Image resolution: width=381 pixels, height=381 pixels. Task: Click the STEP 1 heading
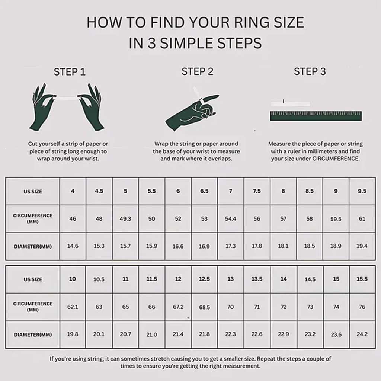click(70, 72)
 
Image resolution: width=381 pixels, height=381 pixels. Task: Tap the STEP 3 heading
click(310, 71)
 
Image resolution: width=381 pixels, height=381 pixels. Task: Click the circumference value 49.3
click(125, 219)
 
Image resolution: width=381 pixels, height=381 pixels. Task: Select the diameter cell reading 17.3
click(230, 246)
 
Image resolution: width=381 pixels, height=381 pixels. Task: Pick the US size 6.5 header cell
click(204, 191)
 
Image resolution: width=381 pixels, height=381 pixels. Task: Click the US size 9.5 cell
click(362, 191)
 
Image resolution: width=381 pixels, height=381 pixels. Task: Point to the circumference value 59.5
click(336, 219)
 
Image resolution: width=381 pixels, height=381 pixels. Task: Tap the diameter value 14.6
click(73, 246)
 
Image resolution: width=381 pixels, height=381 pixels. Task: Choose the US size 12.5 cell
click(204, 279)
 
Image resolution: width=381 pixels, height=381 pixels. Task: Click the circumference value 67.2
click(178, 307)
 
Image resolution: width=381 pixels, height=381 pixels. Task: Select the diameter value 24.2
click(362, 334)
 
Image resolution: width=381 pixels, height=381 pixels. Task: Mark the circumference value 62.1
click(73, 307)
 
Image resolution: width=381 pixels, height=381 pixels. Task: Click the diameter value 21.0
click(152, 334)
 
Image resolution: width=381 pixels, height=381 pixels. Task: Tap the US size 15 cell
click(336, 279)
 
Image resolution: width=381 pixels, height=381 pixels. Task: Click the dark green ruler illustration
click(316, 116)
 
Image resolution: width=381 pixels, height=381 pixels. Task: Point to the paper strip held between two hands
click(67, 98)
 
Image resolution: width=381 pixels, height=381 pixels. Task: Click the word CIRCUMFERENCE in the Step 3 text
click(336, 159)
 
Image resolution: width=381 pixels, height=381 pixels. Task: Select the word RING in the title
click(252, 22)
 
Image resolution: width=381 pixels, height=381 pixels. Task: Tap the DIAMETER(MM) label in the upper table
click(33, 247)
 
